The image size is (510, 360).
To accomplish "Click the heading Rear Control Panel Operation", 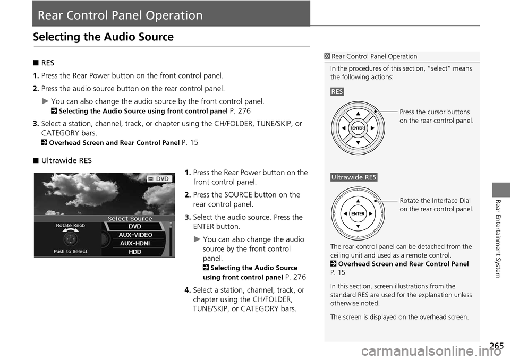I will click(117, 15).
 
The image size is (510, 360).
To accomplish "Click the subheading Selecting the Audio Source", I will click(103, 37).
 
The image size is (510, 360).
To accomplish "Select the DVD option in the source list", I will click(135, 226).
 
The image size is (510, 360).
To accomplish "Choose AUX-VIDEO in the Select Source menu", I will click(135, 235).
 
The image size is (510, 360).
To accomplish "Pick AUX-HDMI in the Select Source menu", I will click(135, 243).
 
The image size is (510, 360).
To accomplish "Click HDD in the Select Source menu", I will click(135, 252).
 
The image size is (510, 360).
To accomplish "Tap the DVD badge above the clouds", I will click(159, 179).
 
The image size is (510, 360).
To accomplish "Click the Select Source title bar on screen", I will click(130, 218).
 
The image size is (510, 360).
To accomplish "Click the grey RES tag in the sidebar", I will click(336, 92).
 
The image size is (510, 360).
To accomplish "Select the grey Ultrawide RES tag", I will click(353, 177).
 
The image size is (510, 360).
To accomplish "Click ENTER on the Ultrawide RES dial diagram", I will click(358, 213).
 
